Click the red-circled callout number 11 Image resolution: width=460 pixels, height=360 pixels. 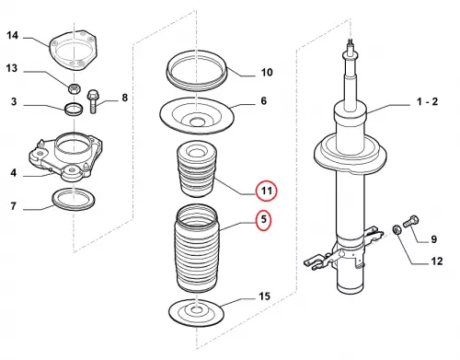267,191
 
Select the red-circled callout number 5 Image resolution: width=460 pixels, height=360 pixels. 264,220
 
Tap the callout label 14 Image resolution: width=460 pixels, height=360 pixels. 12,35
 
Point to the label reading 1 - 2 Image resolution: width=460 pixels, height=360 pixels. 427,101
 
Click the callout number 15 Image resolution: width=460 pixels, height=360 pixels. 265,296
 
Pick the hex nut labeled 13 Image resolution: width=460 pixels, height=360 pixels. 74,88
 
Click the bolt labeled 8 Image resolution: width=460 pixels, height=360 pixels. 92,101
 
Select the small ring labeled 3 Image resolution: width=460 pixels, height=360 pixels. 74,110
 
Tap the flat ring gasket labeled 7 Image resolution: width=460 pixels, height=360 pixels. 74,200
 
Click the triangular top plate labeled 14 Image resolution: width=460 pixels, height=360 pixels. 74,51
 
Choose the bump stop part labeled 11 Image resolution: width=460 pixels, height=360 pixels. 197,168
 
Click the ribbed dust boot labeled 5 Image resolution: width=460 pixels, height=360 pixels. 196,249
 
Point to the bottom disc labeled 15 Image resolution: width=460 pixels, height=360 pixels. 196,313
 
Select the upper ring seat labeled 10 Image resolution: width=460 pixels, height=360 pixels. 196,71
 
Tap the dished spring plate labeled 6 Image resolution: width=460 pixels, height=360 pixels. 197,116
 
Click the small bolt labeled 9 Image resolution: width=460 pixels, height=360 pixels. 411,221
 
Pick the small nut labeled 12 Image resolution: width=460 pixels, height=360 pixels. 396,229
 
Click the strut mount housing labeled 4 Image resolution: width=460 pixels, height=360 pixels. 66,157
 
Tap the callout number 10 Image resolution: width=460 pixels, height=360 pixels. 267,73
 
